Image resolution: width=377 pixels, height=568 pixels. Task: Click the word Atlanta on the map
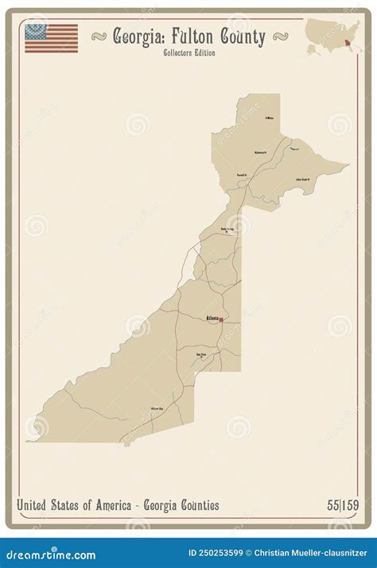click(x=212, y=318)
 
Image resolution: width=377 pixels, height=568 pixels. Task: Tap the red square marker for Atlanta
click(x=221, y=320)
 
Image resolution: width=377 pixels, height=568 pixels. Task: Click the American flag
click(x=51, y=38)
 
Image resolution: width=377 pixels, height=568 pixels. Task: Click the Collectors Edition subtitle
click(x=188, y=53)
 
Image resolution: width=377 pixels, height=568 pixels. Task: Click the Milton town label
click(x=270, y=118)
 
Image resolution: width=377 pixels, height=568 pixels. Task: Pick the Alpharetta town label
click(x=260, y=152)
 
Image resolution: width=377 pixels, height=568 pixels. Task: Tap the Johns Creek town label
click(x=302, y=179)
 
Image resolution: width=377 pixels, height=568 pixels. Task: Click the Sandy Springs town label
click(x=228, y=229)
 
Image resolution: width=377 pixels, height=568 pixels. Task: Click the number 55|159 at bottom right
click(x=341, y=505)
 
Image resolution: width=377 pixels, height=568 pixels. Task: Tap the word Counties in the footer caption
click(x=200, y=505)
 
